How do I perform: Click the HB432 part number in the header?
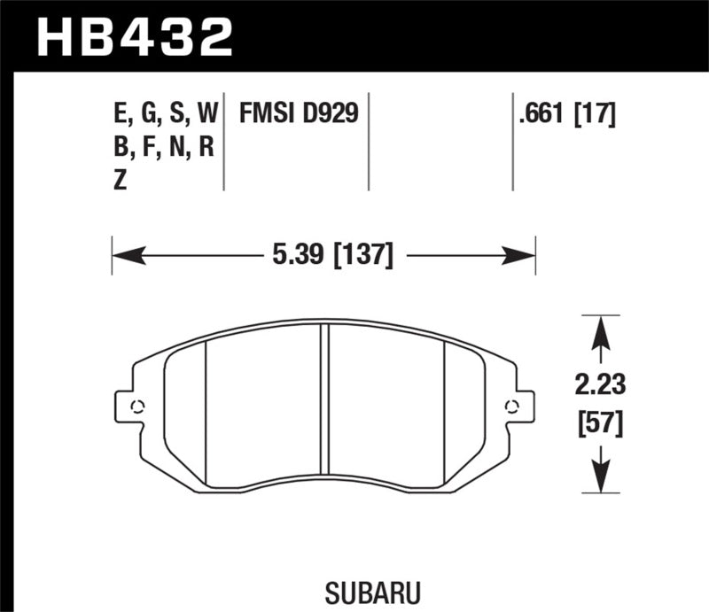click(134, 37)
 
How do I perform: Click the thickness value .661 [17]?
click(564, 113)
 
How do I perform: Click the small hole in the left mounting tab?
click(136, 407)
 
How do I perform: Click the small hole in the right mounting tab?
click(511, 407)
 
